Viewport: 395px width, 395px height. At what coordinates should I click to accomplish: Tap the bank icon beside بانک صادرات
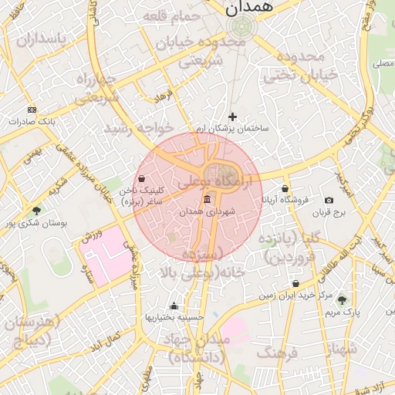tap(31, 110)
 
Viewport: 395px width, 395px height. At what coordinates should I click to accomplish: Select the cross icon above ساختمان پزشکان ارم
tap(233, 116)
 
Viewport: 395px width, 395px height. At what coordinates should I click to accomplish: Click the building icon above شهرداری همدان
tap(206, 201)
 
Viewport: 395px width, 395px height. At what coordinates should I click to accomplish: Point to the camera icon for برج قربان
tap(329, 201)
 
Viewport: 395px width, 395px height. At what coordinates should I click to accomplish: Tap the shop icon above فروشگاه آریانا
tap(285, 188)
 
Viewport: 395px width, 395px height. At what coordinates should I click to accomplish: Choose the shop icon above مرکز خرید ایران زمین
tap(296, 284)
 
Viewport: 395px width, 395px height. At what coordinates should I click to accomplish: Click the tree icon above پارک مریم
tap(342, 300)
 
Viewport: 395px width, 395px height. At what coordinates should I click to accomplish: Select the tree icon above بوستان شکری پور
tap(36, 211)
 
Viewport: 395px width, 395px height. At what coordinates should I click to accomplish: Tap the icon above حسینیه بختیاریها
tap(174, 306)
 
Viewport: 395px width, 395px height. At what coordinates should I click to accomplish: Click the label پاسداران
tap(32, 39)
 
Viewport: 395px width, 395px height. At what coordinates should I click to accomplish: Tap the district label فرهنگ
tap(276, 353)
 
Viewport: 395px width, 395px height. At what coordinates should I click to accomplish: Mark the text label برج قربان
tap(331, 211)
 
